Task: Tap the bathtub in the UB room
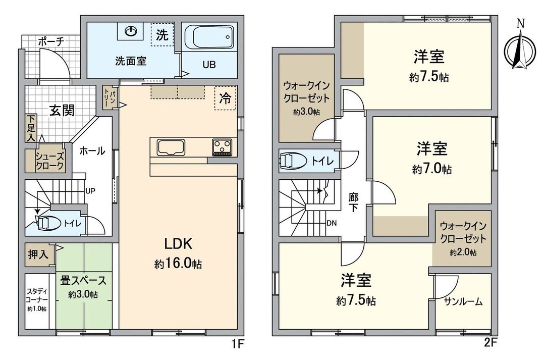(208, 38)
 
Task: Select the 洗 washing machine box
(162, 35)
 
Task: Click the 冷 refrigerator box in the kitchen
(225, 99)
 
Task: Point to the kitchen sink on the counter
(171, 148)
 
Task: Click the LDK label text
(178, 245)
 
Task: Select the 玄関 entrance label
(62, 110)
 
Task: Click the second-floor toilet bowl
(293, 161)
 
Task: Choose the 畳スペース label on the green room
(84, 281)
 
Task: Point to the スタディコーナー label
(37, 299)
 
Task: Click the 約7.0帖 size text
(431, 170)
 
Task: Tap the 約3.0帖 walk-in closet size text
(306, 113)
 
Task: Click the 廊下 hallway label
(353, 202)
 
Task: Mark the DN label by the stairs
(332, 223)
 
